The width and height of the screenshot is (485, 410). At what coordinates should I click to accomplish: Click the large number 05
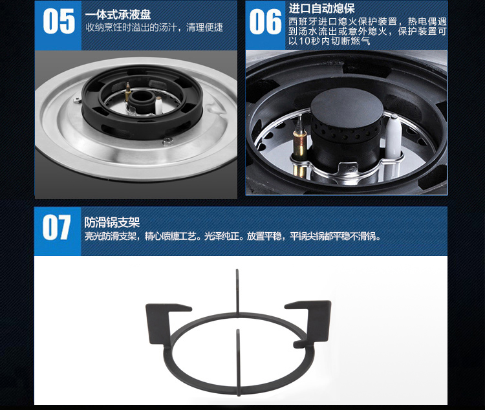point(59,21)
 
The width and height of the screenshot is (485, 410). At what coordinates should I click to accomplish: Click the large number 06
point(265,21)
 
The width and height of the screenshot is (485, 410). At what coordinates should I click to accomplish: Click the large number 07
point(57,228)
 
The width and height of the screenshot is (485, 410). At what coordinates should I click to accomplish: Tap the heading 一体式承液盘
point(118,14)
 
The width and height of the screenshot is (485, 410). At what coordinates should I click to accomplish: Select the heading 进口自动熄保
point(321,8)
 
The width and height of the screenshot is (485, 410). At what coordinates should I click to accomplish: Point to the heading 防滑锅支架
point(112,222)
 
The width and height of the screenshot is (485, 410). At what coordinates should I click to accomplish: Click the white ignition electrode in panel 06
point(393,136)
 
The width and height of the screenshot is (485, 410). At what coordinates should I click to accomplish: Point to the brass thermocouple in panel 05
point(127,92)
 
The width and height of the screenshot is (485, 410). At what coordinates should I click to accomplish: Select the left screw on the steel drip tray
point(77,100)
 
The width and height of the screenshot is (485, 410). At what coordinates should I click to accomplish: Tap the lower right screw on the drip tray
point(167,141)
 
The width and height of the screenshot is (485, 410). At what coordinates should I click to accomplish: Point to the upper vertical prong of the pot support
point(237,292)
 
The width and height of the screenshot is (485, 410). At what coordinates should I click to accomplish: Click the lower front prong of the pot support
point(238,362)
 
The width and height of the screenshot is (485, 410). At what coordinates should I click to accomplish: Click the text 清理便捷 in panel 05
point(204,28)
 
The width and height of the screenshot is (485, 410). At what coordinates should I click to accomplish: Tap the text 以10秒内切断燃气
point(329,41)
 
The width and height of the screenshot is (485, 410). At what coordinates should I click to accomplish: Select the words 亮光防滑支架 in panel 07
point(111,237)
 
